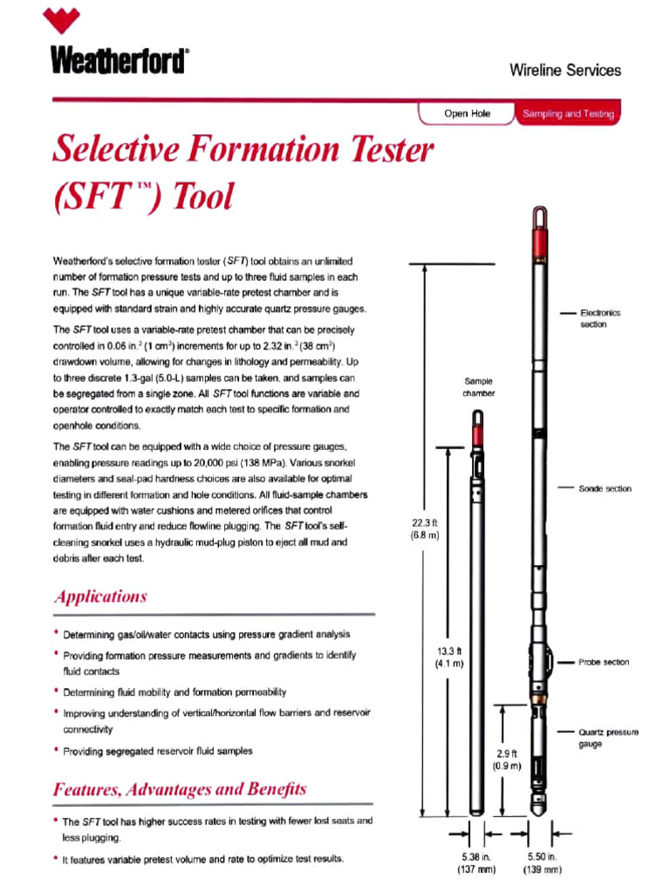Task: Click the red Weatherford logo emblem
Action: [x=66, y=22]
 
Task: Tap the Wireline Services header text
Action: [x=565, y=70]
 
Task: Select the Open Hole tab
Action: [x=468, y=113]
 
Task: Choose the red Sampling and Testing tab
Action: [x=567, y=114]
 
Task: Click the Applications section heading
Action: [x=100, y=597]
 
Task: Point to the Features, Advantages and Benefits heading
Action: [x=180, y=790]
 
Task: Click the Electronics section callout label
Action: [x=600, y=318]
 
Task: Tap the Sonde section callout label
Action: [x=605, y=488]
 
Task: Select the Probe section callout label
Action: [x=603, y=662]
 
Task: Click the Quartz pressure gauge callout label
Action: [x=608, y=738]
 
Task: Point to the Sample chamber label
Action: [x=478, y=387]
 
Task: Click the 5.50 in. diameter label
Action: [x=541, y=863]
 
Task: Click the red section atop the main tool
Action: [x=541, y=237]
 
